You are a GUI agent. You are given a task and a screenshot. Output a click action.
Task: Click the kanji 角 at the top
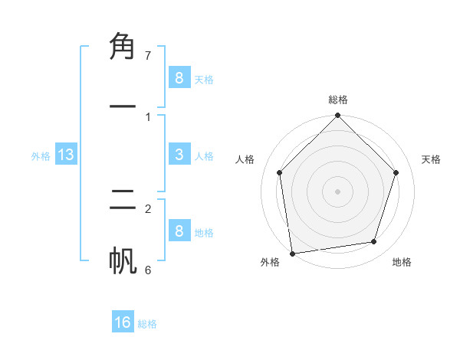click(123, 47)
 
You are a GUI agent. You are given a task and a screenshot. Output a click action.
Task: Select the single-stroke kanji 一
click(123, 107)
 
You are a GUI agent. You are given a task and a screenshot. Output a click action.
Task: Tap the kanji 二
click(123, 201)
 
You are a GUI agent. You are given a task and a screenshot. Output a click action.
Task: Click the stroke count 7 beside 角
click(148, 56)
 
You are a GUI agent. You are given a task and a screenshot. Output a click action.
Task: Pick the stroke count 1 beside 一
click(148, 116)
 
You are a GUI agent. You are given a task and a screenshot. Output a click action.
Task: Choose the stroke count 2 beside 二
click(148, 208)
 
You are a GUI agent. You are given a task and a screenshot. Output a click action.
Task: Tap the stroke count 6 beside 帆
click(148, 270)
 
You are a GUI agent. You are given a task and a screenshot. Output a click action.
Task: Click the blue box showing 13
click(66, 155)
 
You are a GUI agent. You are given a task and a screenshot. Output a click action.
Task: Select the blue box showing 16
click(123, 322)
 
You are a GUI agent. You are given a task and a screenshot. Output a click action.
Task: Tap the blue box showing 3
click(179, 155)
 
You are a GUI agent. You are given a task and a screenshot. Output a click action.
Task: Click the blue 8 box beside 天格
click(179, 77)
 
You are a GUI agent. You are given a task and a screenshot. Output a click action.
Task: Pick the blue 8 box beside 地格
click(179, 231)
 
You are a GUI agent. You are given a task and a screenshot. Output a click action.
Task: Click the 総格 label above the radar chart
click(338, 100)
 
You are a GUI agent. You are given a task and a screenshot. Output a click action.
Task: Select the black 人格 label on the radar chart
click(245, 159)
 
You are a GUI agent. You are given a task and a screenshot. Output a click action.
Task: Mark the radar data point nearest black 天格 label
click(396, 172)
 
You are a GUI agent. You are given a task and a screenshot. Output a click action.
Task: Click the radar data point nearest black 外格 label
click(292, 253)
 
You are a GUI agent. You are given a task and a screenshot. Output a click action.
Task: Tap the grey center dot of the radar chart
click(338, 191)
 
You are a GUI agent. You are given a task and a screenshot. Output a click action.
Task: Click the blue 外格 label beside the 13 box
click(41, 156)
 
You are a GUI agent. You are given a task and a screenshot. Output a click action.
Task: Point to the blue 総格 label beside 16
click(147, 324)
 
